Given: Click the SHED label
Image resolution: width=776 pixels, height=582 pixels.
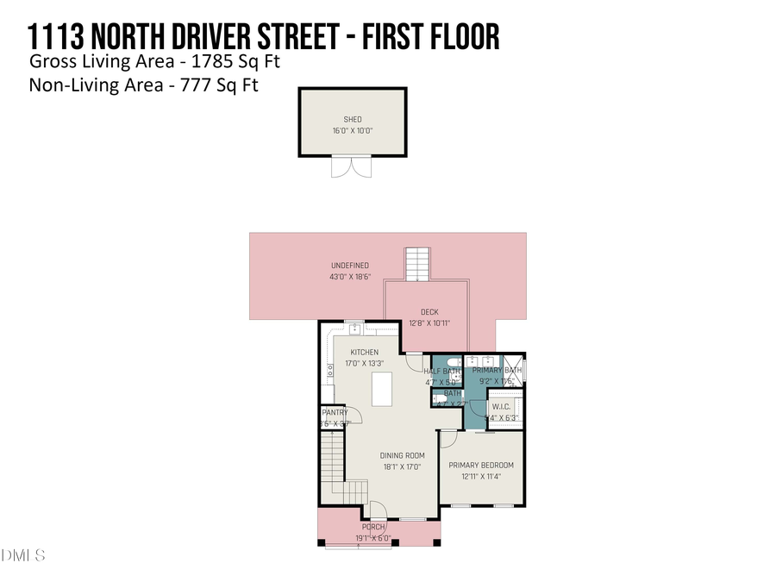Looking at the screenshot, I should tap(353, 119).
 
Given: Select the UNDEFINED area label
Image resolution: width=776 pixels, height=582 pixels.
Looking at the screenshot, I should tap(350, 265).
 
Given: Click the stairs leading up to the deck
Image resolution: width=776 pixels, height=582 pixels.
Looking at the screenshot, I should tap(416, 264).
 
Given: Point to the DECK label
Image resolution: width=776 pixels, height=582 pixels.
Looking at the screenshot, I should tap(430, 312).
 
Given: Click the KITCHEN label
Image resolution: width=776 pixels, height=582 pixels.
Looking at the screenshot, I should tap(364, 352).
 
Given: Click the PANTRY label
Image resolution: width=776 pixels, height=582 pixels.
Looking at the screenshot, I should tap(334, 413).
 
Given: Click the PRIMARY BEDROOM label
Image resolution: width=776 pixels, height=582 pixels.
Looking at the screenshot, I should tap(481, 465).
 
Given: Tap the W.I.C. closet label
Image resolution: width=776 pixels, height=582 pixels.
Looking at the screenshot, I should tap(501, 406).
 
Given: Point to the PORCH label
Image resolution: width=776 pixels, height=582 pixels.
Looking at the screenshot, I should tap(373, 527).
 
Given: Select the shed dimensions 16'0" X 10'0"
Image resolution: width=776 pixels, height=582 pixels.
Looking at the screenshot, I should tap(353, 131).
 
